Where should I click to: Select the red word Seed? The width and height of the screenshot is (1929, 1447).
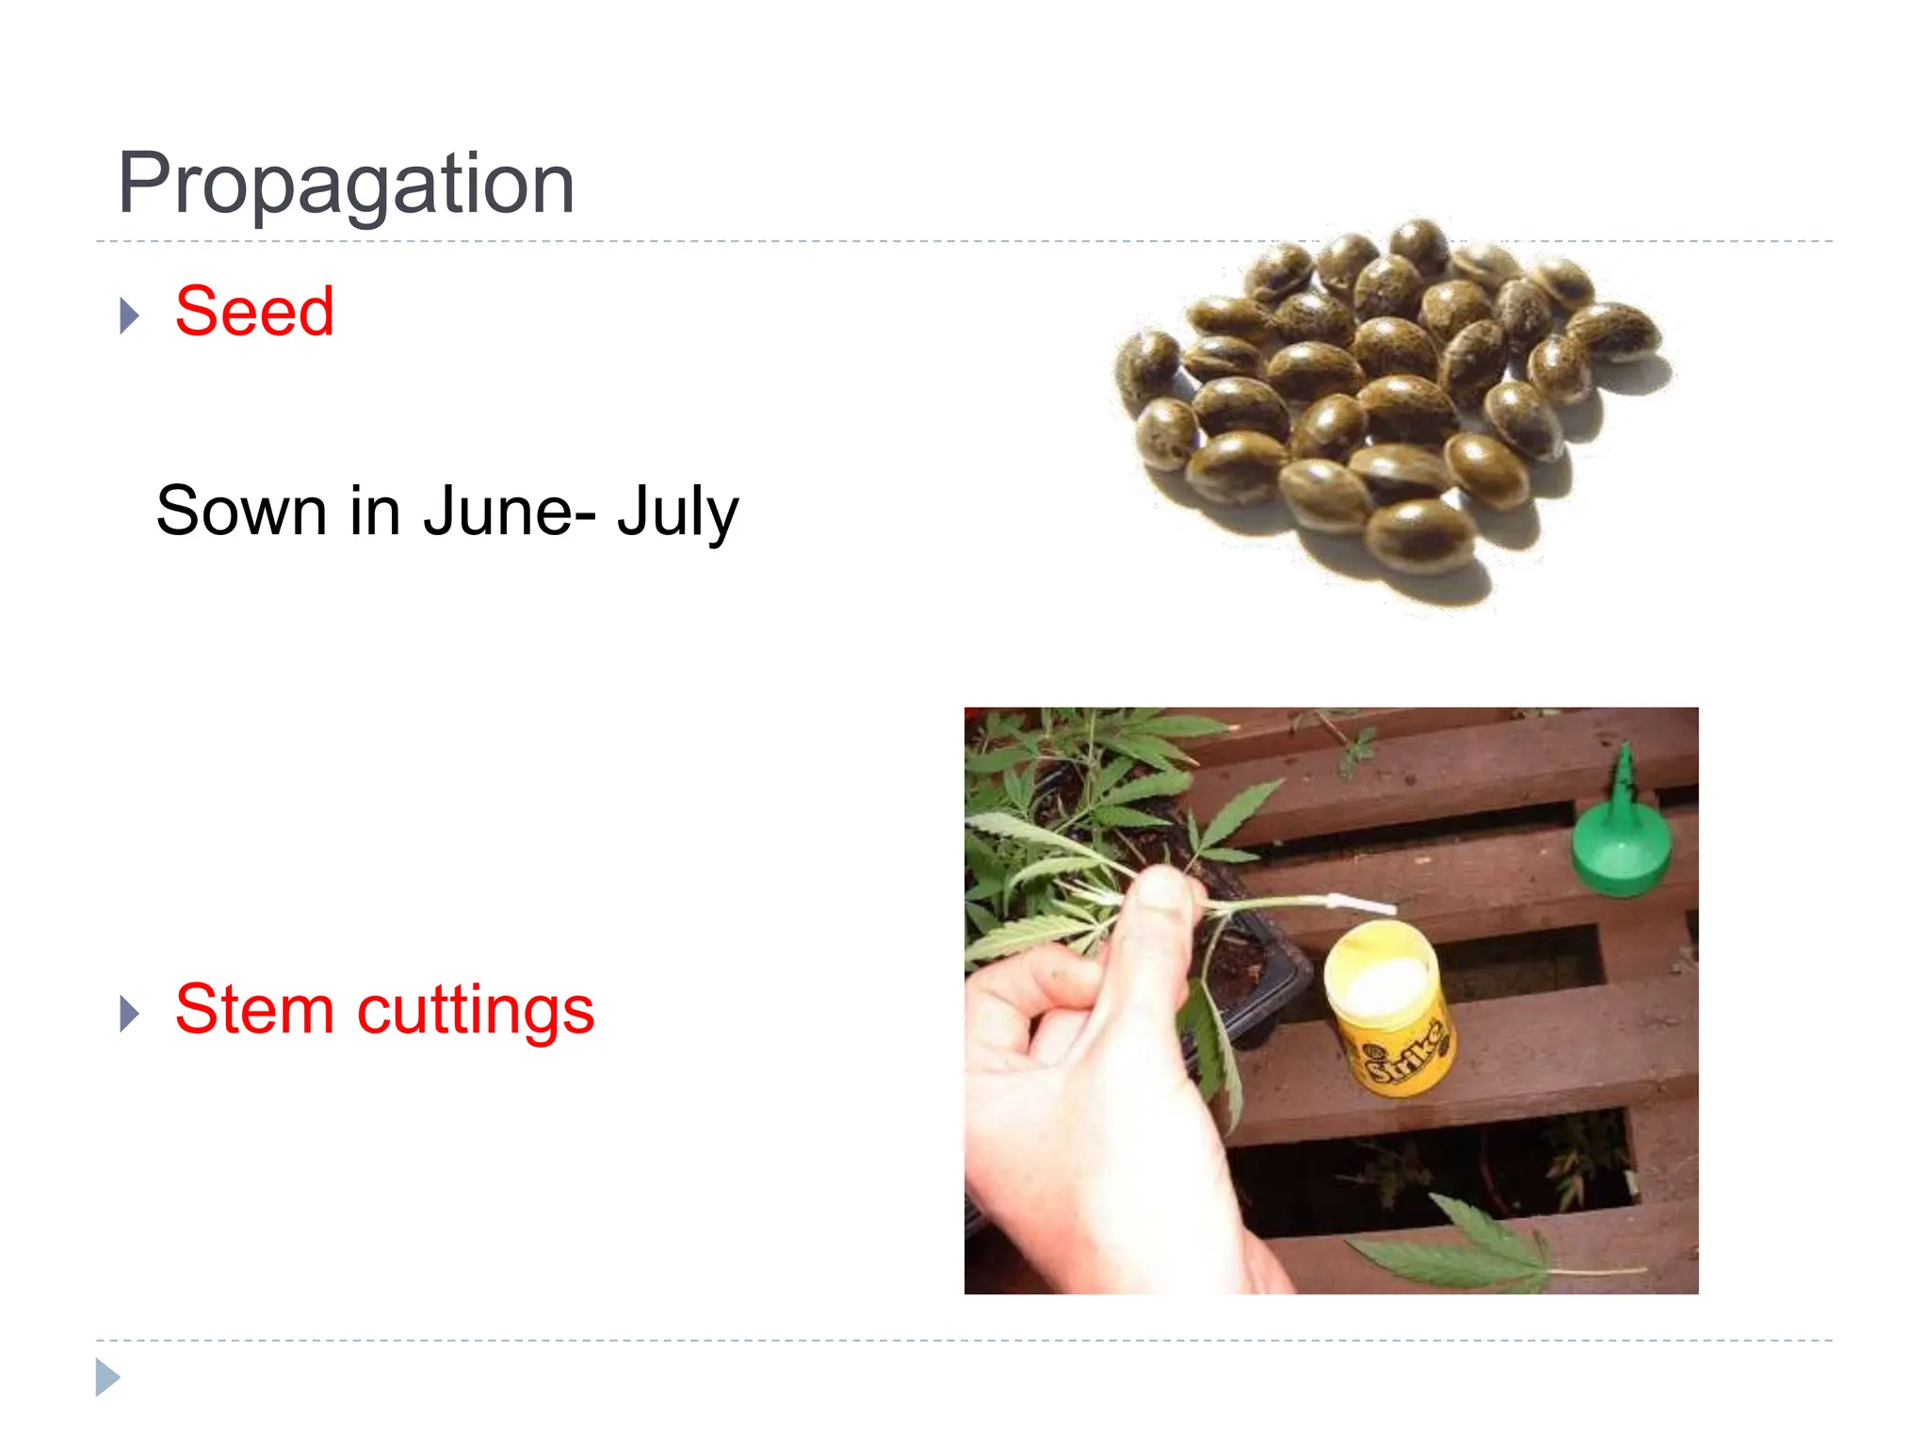click(x=254, y=311)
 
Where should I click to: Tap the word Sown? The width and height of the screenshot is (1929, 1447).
click(x=241, y=512)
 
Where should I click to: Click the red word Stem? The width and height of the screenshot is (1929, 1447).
click(x=254, y=1009)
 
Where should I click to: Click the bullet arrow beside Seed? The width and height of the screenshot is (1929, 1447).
click(x=130, y=316)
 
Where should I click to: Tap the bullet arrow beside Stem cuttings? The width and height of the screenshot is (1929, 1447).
click(x=130, y=1014)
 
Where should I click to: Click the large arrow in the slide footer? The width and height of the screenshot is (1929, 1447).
click(x=107, y=1377)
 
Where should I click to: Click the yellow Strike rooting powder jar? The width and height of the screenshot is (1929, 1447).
click(x=1389, y=1013)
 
